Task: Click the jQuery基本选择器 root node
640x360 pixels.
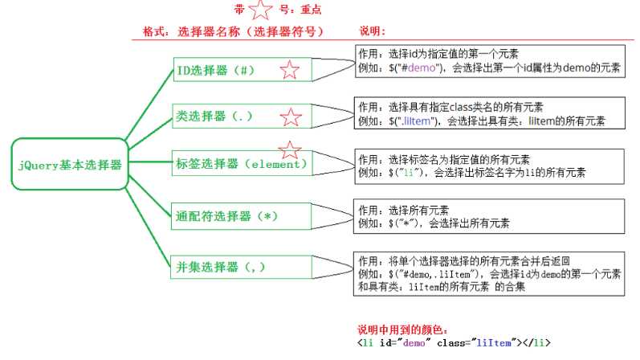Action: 70,164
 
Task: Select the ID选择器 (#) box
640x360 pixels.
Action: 243,69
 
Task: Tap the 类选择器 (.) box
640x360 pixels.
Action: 242,116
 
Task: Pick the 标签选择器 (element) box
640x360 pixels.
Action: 242,163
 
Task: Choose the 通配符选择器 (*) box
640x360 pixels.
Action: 241,216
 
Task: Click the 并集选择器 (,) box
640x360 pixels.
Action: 241,268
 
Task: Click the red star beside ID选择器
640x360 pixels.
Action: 290,70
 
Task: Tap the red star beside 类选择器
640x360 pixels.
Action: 291,117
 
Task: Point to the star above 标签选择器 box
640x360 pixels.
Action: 290,150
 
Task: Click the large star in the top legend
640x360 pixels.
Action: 260,10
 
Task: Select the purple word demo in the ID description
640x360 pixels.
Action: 422,67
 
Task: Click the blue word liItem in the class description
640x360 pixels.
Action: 417,121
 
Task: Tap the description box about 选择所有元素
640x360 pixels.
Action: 489,216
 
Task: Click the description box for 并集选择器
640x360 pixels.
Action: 489,273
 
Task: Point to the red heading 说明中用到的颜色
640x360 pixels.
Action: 402,329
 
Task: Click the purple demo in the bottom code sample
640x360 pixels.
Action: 414,343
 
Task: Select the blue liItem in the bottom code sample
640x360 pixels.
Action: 494,343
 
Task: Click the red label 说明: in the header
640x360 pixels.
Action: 373,31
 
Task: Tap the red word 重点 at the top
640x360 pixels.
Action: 311,10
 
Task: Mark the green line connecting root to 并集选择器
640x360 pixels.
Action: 148,227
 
